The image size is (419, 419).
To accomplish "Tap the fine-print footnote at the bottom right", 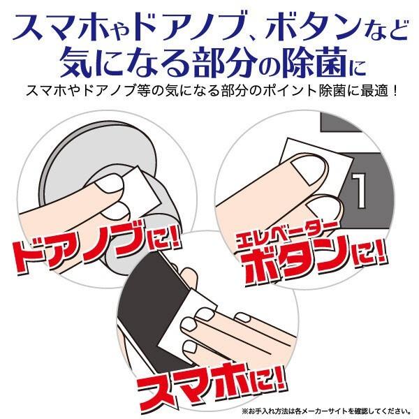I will [x=328, y=410].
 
